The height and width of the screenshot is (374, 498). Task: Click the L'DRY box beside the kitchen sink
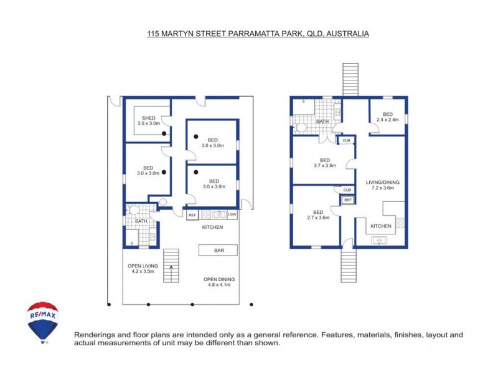point(232,215)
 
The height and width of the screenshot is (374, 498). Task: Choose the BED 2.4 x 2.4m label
point(387,117)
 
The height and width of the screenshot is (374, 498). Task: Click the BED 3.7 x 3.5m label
point(324,162)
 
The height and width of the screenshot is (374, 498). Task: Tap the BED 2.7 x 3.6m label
point(317,214)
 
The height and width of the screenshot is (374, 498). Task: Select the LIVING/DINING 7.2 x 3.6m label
point(382,185)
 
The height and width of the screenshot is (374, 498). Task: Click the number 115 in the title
point(153,34)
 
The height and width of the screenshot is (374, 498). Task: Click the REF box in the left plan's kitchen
point(192,215)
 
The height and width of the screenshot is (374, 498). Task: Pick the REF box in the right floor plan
point(347,200)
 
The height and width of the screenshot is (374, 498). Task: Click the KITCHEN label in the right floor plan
point(381,226)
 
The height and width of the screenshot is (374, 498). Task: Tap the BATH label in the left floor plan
point(141,221)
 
